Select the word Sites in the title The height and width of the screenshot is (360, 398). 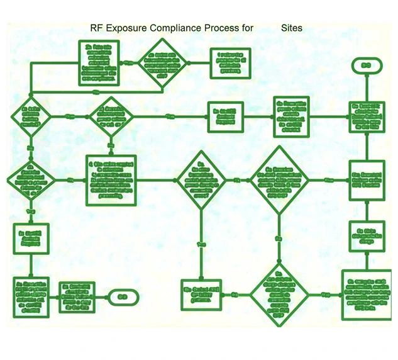click(291, 28)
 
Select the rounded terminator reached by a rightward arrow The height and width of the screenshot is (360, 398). click(122, 295)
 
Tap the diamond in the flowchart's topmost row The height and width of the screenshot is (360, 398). click(162, 64)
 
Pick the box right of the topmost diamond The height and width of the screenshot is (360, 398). click(230, 64)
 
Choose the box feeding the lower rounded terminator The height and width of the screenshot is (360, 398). click(77, 295)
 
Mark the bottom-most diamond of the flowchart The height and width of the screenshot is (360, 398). click(278, 295)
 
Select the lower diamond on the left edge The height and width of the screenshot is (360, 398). click(30, 180)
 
